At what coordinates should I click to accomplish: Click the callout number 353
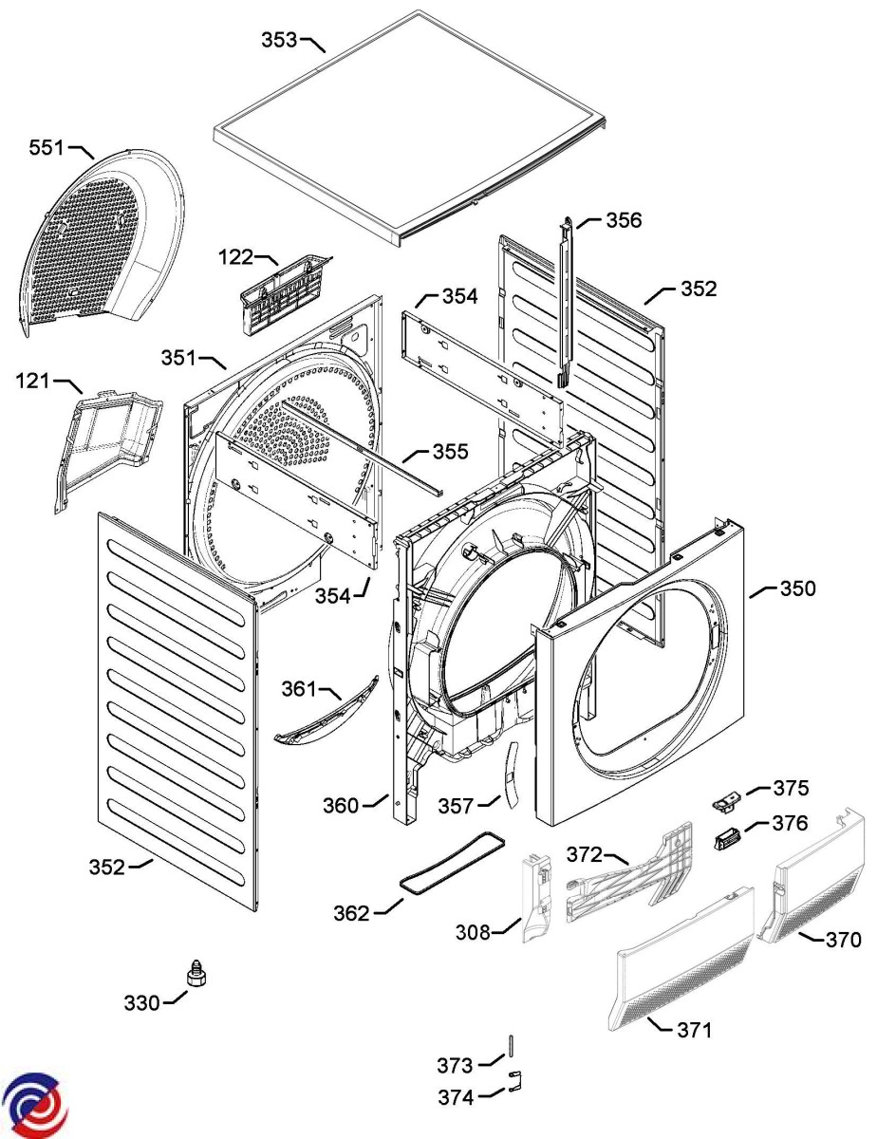click(x=279, y=40)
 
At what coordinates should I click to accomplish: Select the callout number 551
click(x=47, y=148)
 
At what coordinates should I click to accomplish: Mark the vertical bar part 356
click(x=567, y=302)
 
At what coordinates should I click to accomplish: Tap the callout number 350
click(x=798, y=589)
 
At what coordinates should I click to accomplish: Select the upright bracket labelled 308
click(x=537, y=898)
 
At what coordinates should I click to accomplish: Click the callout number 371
click(x=695, y=1031)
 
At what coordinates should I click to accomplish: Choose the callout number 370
click(x=844, y=940)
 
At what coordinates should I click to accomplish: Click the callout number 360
click(x=340, y=806)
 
